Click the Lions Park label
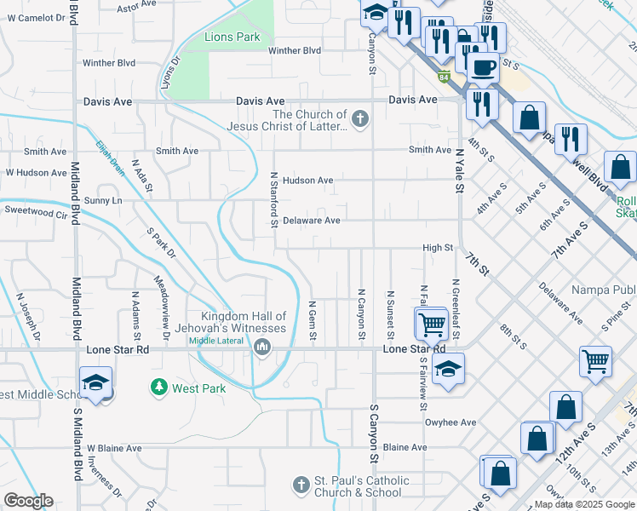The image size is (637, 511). pos(232,37)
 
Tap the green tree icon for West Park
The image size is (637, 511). pos(158,388)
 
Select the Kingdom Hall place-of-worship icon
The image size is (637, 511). pos(261,347)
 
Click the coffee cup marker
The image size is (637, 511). pos(483,67)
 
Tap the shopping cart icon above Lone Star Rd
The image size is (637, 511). pos(432,323)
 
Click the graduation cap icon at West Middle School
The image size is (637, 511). pos(96,382)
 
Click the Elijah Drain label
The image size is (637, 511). pos(111,158)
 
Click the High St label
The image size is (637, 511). pos(437,248)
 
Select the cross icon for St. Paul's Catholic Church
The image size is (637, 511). pos(300,485)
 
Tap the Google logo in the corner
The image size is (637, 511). pos(28,501)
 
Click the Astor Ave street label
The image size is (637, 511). pos(138,8)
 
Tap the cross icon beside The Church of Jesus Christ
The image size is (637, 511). pos(360,119)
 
